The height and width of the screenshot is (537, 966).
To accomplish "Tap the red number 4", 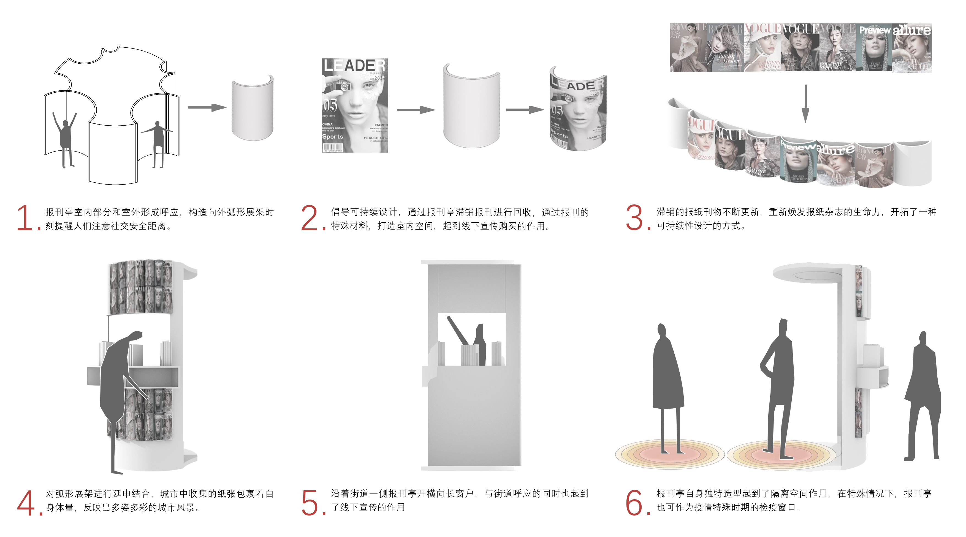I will tap(26, 503).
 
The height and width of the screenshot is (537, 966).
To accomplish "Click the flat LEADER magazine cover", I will tap(355, 105).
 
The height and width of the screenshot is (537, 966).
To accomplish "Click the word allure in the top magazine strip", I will tap(911, 30).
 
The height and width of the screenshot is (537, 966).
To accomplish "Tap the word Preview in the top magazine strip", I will tap(875, 30).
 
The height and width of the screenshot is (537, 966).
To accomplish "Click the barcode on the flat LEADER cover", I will tap(333, 147).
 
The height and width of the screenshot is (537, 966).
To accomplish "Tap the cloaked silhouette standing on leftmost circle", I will tap(667, 375).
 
